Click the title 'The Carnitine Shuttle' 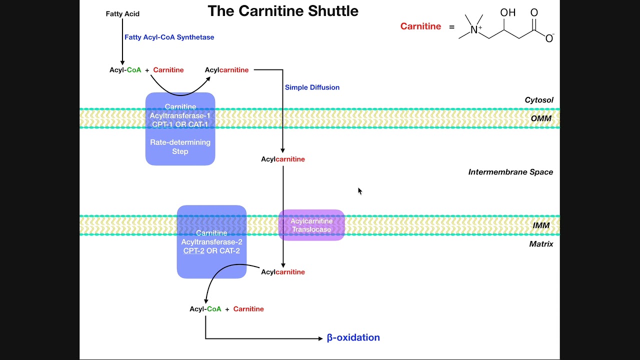(283, 11)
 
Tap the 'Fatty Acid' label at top (122, 14)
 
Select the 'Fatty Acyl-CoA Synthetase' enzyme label (169, 37)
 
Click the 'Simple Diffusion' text (312, 87)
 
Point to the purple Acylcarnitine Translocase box (311, 225)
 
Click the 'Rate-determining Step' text (180, 146)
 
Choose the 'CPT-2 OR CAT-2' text (211, 250)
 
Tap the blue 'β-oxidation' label (353, 337)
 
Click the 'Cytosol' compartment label (538, 100)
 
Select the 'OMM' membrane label (541, 118)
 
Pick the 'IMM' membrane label (541, 225)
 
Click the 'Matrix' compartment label (541, 244)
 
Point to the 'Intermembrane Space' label (510, 172)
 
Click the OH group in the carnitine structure (507, 13)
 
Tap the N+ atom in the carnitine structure (475, 30)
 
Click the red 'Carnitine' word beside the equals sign (420, 26)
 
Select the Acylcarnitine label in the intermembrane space (282, 159)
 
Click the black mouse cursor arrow (359, 190)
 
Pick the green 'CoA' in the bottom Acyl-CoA (213, 309)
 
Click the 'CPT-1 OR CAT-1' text (180, 124)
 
